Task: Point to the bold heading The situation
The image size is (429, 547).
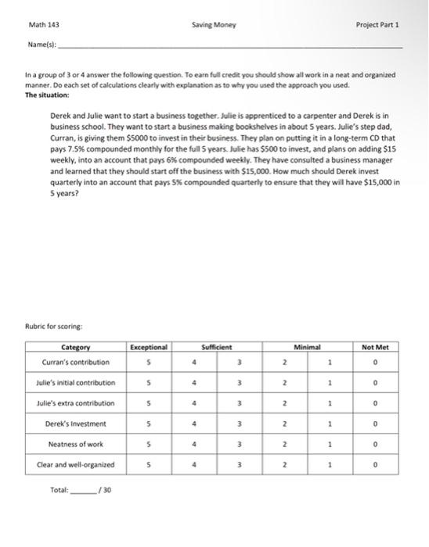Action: (x=47, y=95)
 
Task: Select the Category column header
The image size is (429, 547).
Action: (x=75, y=347)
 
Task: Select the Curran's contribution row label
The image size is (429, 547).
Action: (x=75, y=362)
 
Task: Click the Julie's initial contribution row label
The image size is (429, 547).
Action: (x=75, y=383)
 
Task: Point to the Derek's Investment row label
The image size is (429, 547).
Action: (x=75, y=424)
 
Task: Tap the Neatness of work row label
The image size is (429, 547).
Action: (x=75, y=445)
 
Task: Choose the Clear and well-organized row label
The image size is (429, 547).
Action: (x=75, y=465)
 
